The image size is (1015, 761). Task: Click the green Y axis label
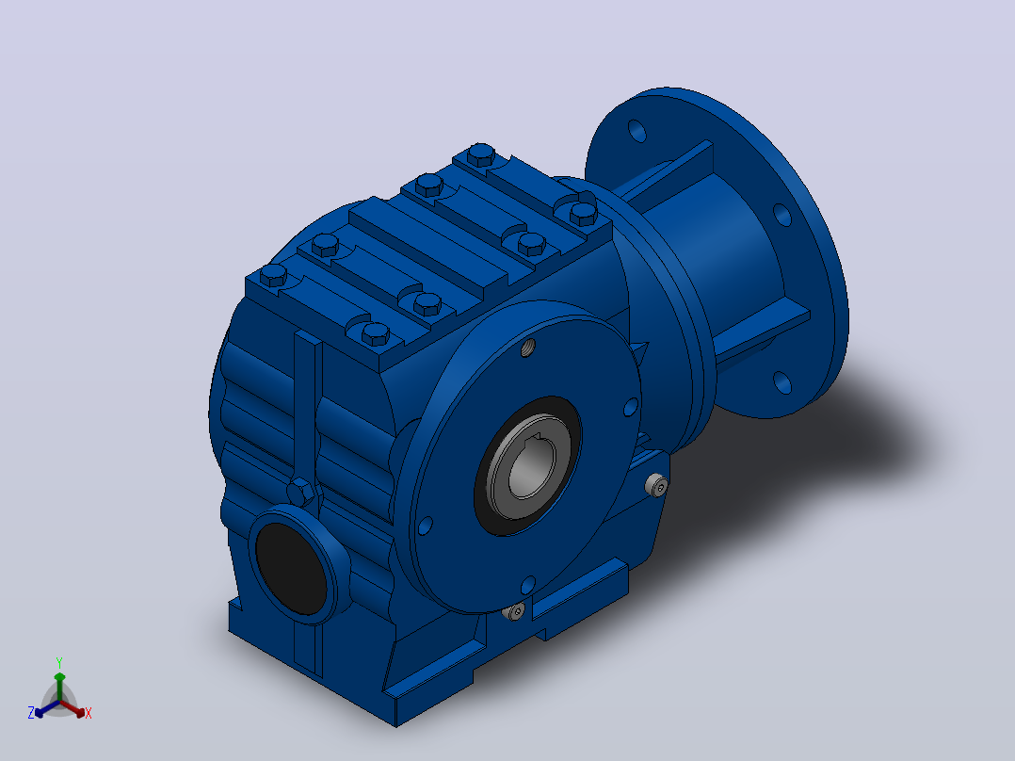pos(59,662)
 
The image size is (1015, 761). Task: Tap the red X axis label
pos(89,713)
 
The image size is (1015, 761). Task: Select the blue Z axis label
pos(31,712)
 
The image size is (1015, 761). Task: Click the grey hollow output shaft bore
pos(529,467)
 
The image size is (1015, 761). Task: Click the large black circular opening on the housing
pos(291,569)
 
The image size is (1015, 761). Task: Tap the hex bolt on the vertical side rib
pos(301,493)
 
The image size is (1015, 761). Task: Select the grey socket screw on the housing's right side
pos(657,485)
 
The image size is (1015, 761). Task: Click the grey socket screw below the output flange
pos(516,610)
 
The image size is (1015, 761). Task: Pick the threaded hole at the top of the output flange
pos(529,348)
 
